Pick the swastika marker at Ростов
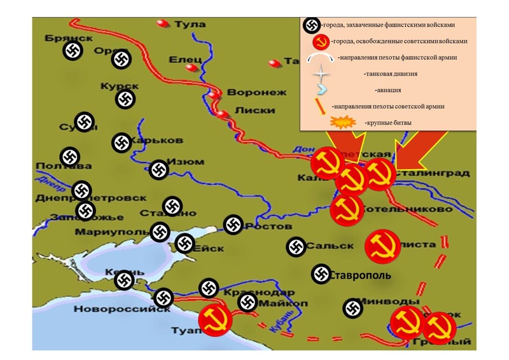pyautogui.click(x=234, y=225)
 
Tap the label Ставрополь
pyautogui.click(x=361, y=275)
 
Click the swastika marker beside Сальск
pyautogui.click(x=296, y=247)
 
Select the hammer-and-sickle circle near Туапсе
pyautogui.click(x=216, y=319)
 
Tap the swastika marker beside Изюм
pyautogui.click(x=158, y=169)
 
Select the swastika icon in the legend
pyautogui.click(x=311, y=25)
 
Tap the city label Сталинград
pyautogui.click(x=433, y=173)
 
